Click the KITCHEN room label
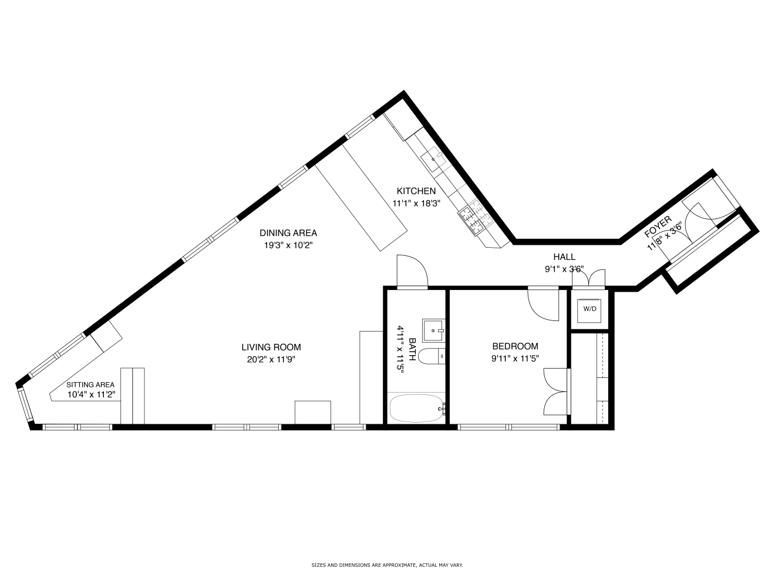tap(416, 191)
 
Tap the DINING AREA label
tap(288, 233)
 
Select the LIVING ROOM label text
tap(271, 347)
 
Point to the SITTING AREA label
tap(90, 385)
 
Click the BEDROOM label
tap(515, 346)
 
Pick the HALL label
tap(564, 257)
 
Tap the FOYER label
tap(658, 227)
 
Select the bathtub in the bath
tap(417, 408)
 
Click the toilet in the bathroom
tap(432, 356)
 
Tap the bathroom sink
tap(433, 330)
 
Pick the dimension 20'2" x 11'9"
tap(271, 360)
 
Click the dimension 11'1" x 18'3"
tap(416, 204)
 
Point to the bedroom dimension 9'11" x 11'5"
tap(515, 359)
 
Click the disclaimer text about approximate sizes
tap(387, 565)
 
